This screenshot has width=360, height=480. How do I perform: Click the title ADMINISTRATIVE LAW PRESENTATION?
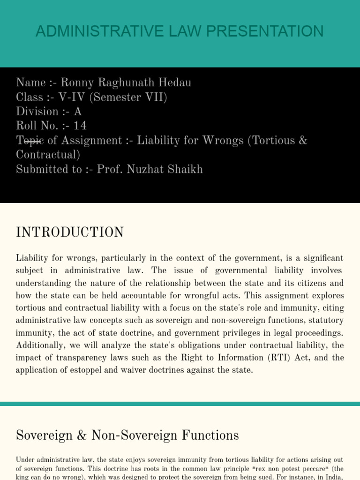click(x=180, y=31)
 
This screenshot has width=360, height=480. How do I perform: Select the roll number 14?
click(x=80, y=126)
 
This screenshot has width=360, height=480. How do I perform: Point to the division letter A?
click(x=78, y=112)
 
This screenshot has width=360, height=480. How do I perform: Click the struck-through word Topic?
click(x=30, y=141)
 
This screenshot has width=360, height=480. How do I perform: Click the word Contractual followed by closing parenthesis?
click(x=48, y=155)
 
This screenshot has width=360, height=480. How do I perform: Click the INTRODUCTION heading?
click(x=70, y=232)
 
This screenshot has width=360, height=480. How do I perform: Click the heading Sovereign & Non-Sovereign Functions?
click(x=127, y=435)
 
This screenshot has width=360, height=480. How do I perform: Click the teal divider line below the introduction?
click(x=180, y=404)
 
